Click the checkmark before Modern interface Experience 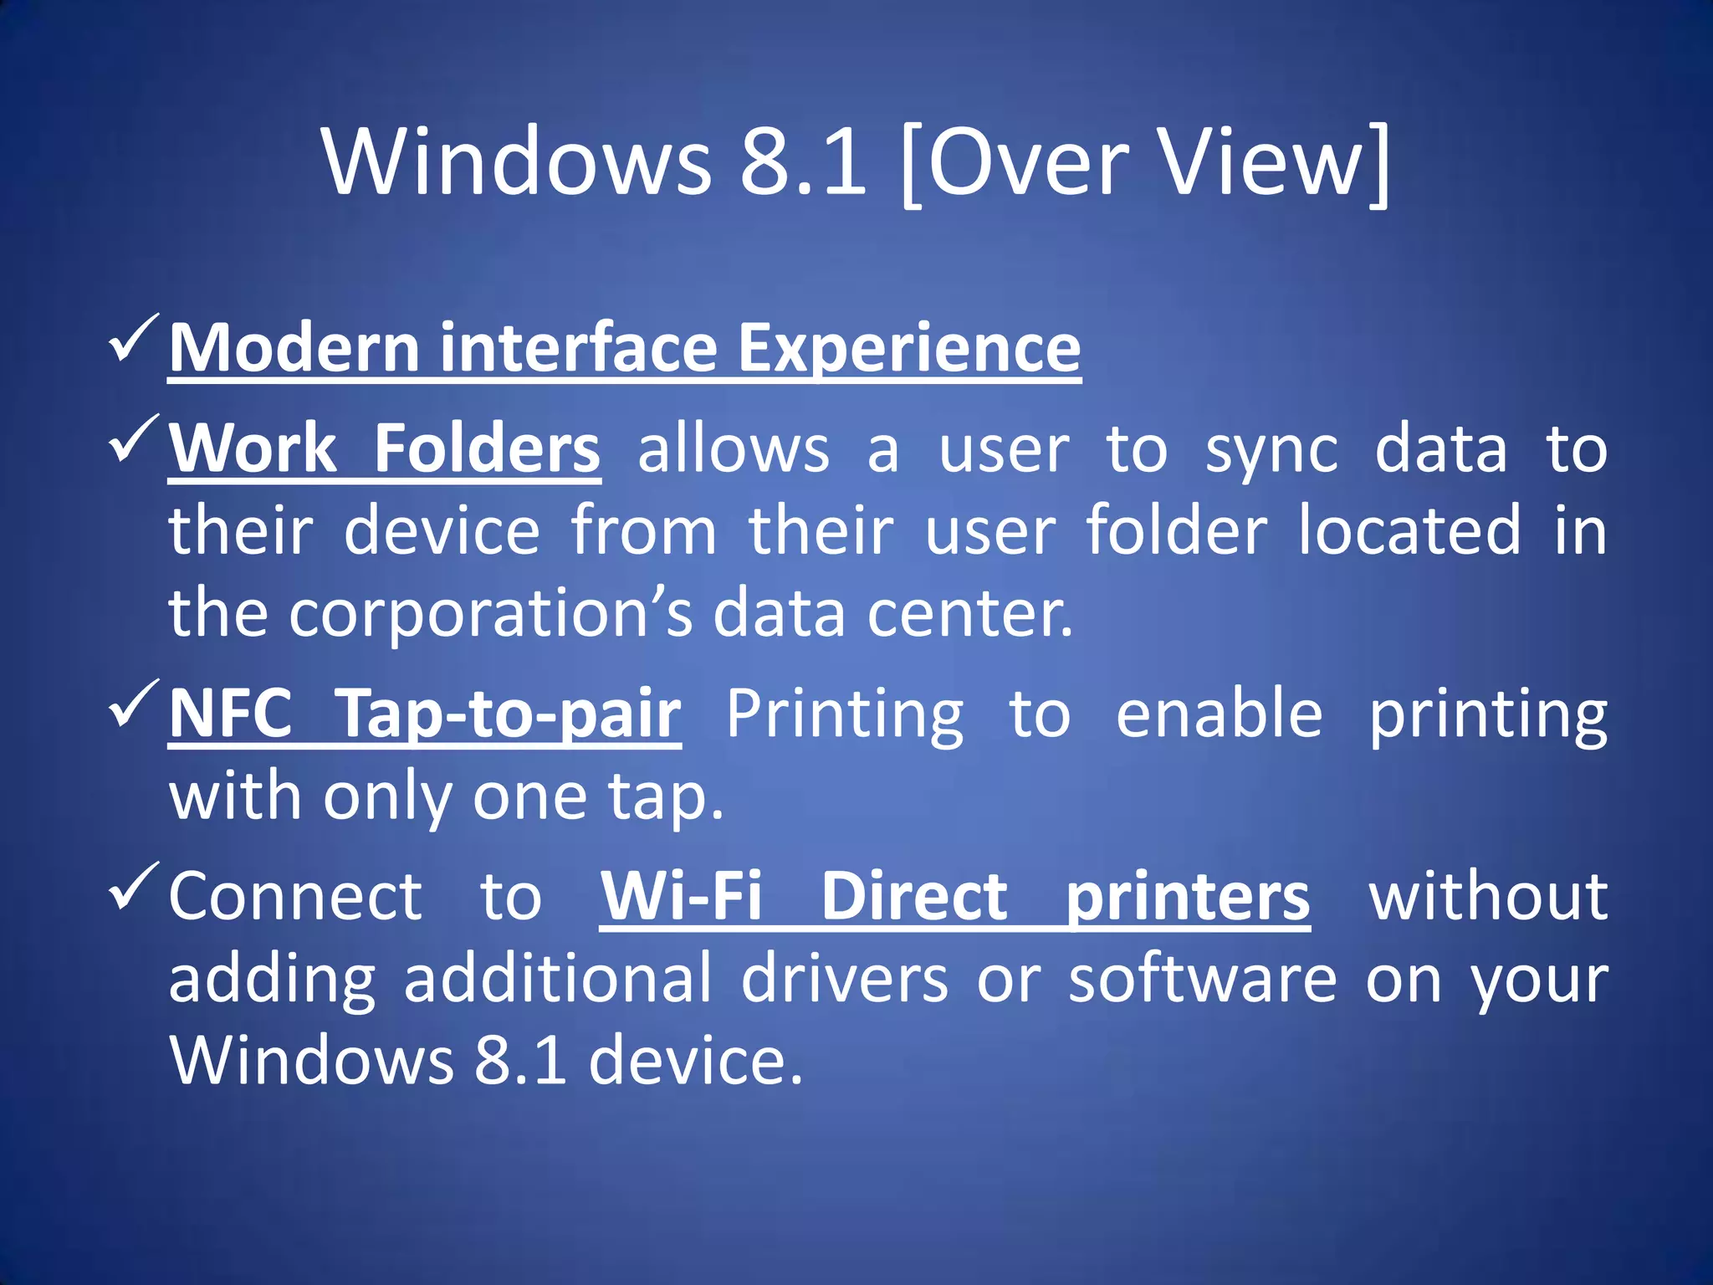click(133, 338)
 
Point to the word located click(1409, 530)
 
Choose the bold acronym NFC click(231, 714)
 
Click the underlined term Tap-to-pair click(508, 714)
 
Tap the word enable click(1219, 714)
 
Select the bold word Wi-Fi click(681, 896)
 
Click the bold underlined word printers click(1188, 898)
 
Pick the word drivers click(844, 979)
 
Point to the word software click(1203, 979)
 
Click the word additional click(558, 979)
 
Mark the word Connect click(295, 896)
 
